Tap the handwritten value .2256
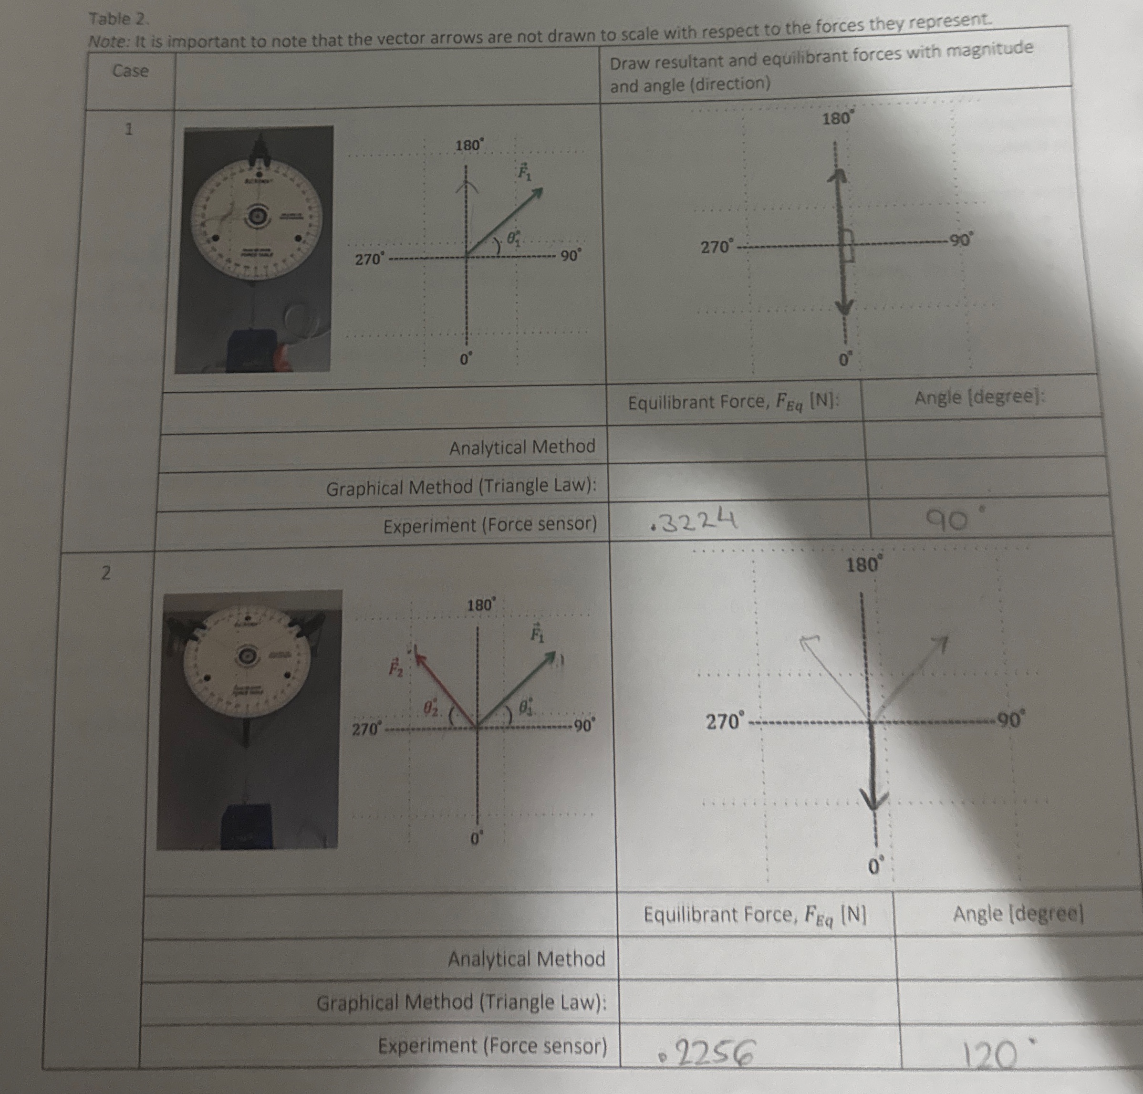(x=707, y=1052)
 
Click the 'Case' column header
(x=130, y=71)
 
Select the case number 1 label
(x=129, y=129)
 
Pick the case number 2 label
(x=105, y=573)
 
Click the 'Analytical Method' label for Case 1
(x=522, y=447)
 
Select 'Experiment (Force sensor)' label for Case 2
(x=492, y=1046)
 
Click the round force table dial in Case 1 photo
(x=256, y=218)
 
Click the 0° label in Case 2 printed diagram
(x=477, y=840)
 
